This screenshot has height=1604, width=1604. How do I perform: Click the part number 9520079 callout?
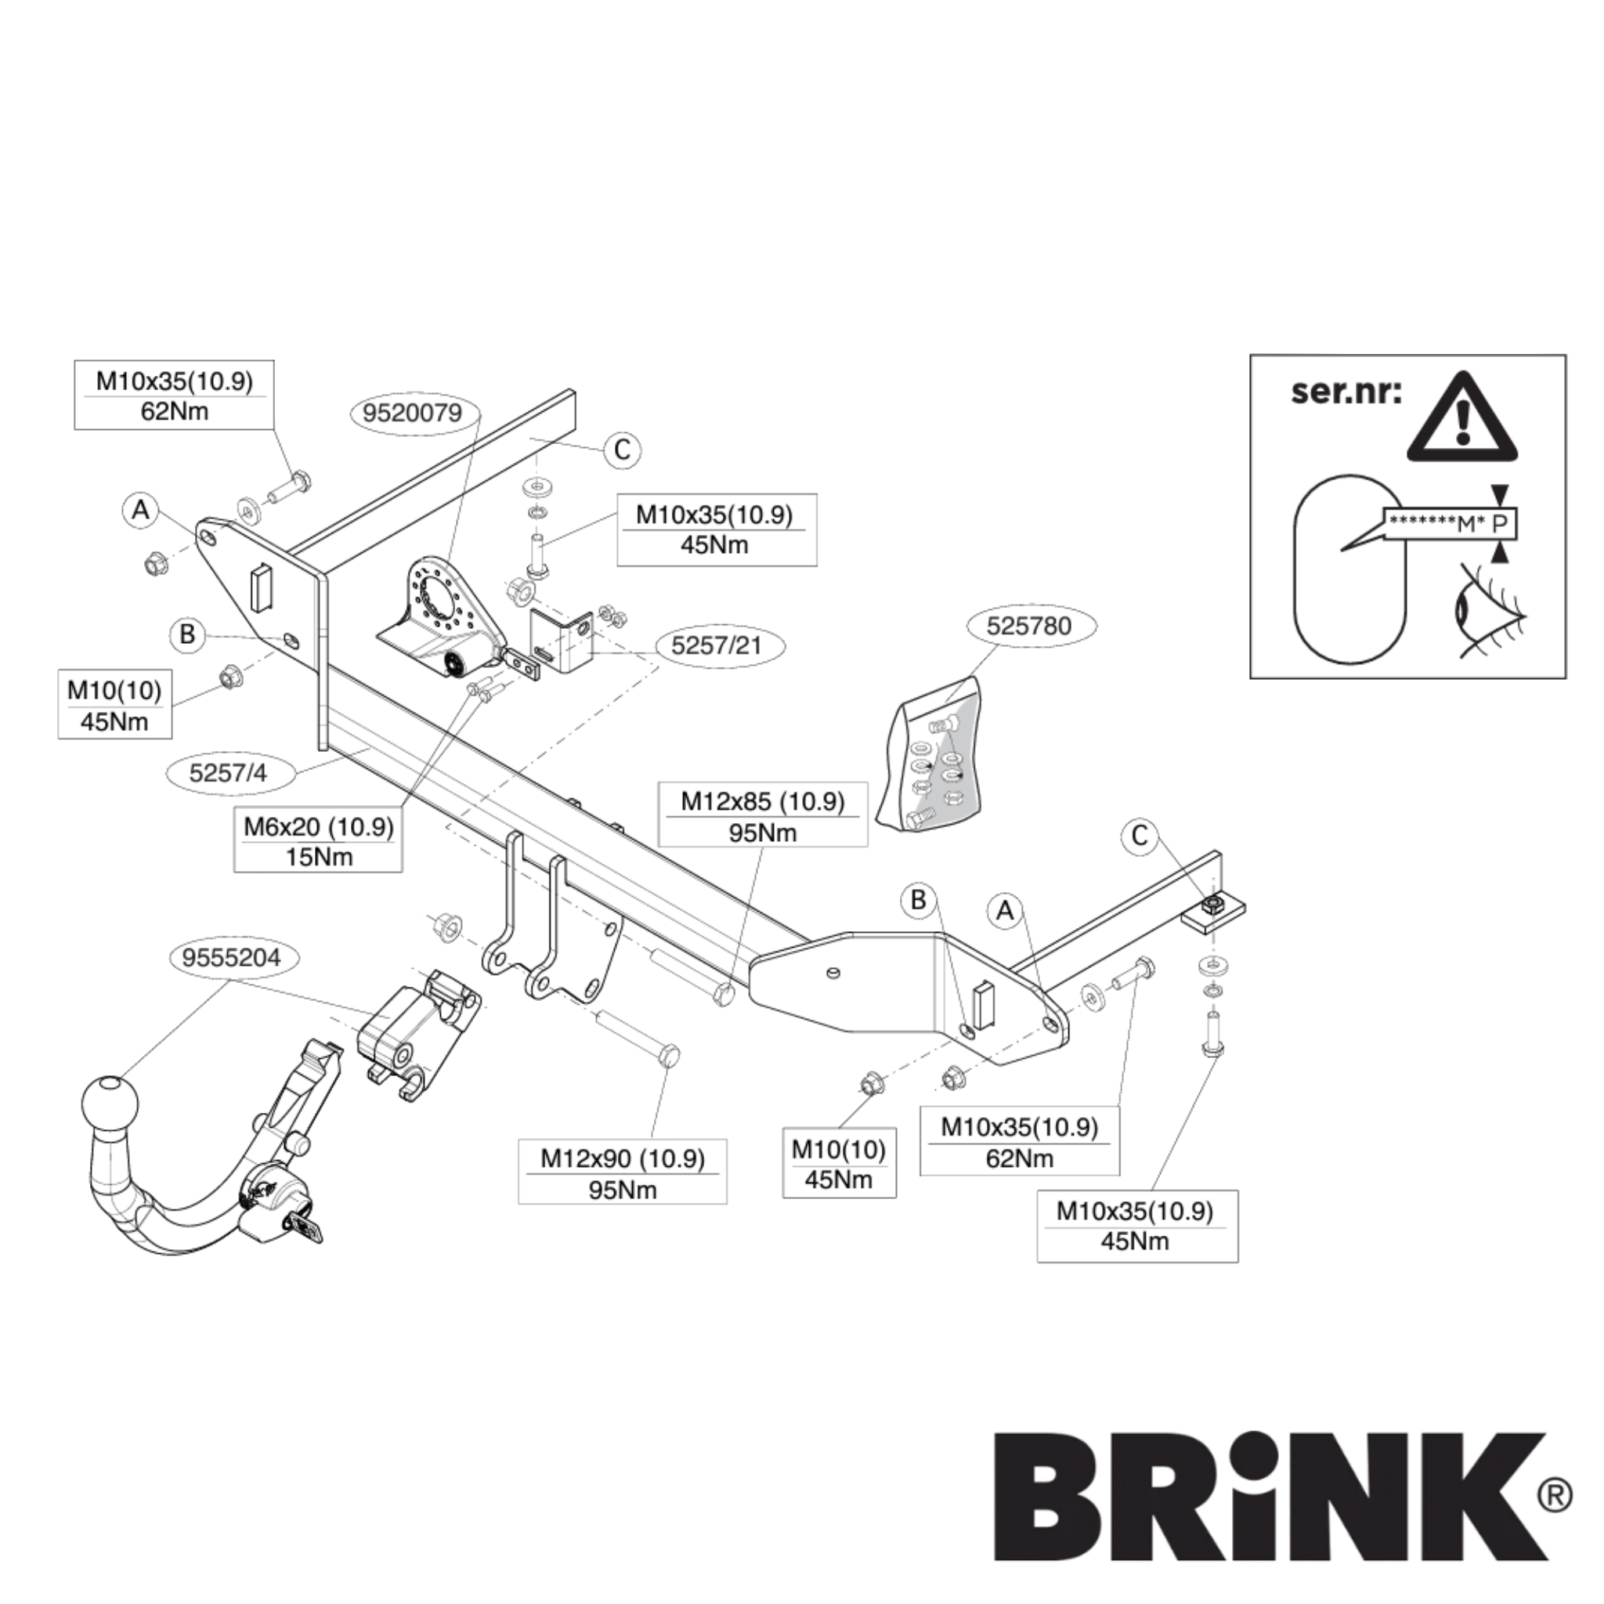click(x=412, y=413)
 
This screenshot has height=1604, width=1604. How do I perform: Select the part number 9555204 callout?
click(x=232, y=958)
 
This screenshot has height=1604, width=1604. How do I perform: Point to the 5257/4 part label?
click(x=229, y=773)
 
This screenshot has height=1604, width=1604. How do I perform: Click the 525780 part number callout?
click(x=1028, y=626)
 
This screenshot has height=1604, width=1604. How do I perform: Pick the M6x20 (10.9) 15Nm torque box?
click(x=318, y=842)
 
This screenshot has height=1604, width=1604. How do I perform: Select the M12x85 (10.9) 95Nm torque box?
click(x=762, y=817)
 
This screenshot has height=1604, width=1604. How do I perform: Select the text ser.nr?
click(x=1346, y=391)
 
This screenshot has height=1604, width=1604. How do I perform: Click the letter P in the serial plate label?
click(x=1498, y=524)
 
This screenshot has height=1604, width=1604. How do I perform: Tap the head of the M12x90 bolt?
click(x=668, y=1056)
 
